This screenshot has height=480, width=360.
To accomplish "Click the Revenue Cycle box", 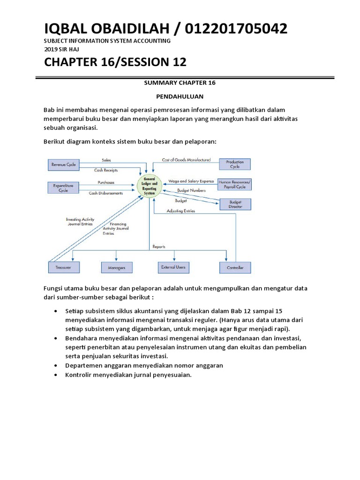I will [x=64, y=165].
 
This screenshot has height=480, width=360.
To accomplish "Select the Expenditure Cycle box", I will [x=64, y=188].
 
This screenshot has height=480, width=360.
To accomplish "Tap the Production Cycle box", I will [x=235, y=165].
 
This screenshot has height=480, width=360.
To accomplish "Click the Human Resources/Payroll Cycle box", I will [x=235, y=184].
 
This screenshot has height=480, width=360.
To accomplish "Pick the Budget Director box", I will [x=235, y=204].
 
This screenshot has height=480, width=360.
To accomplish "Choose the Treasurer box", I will [x=64, y=268].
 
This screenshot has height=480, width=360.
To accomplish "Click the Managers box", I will [x=116, y=268].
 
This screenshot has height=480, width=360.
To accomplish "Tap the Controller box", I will [x=235, y=268].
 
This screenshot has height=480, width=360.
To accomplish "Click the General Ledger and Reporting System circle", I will [x=149, y=186].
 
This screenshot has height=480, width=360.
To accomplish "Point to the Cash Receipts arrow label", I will [x=106, y=170].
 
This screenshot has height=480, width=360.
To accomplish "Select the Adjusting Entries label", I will [x=181, y=211].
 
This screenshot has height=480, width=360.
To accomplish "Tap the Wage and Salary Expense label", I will [x=191, y=180].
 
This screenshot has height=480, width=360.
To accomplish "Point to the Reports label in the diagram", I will [x=159, y=247].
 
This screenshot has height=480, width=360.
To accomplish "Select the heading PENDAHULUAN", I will [x=180, y=96].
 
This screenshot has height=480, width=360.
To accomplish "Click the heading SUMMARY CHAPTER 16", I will [x=180, y=82].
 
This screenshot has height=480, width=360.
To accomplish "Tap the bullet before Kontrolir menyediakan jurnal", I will [x=56, y=375].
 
